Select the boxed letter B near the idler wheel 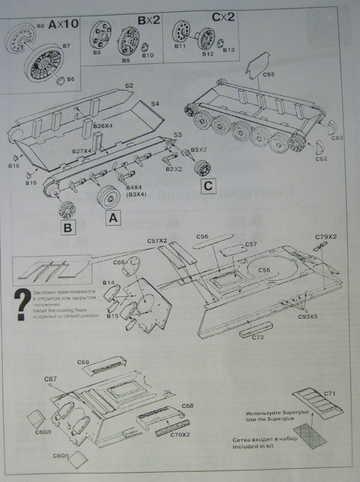pyautogui.click(x=68, y=227)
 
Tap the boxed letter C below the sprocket pyautogui.click(x=208, y=186)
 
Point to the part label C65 pyautogui.click(x=269, y=75)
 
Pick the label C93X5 pyautogui.click(x=308, y=316)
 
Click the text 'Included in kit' pyautogui.click(x=253, y=446)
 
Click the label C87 pyautogui.click(x=50, y=378)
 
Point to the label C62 pyautogui.click(x=321, y=159)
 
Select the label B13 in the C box pyautogui.click(x=229, y=50)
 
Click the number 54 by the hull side pyautogui.click(x=155, y=104)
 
